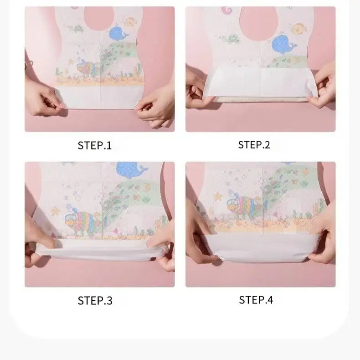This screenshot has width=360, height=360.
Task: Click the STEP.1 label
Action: (94, 145)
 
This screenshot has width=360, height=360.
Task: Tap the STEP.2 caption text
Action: (254, 145)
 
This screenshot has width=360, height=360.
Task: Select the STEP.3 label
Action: (95, 300)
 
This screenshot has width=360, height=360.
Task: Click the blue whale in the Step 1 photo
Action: (117, 34)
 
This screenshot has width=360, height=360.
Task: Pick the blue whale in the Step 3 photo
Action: (132, 170)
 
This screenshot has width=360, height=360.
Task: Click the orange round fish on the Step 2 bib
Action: (299, 28)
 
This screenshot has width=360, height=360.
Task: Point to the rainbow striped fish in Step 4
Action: (246, 206)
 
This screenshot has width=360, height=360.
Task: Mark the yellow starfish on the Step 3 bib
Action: (56, 211)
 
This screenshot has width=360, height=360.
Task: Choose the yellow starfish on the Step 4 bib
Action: (217, 196)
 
